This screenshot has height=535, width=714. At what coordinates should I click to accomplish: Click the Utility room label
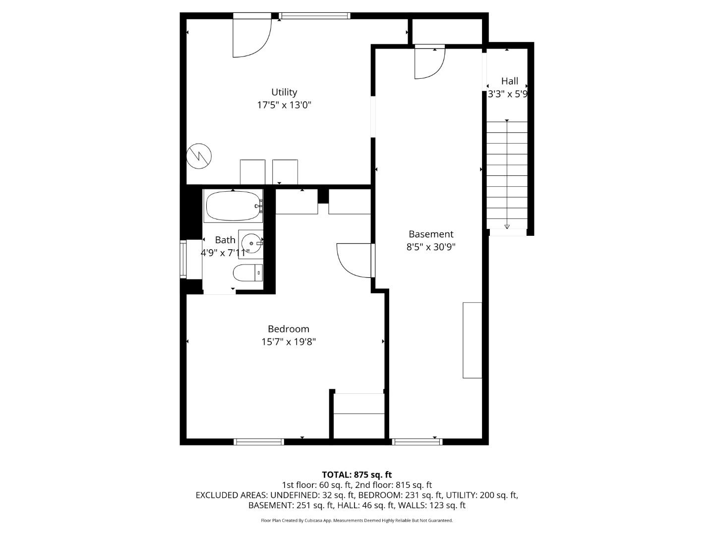point(284,92)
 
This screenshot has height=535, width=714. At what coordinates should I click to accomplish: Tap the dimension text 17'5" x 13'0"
point(284,105)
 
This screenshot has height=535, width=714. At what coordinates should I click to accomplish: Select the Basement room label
point(430,234)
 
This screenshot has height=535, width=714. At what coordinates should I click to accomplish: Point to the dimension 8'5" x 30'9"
point(430,247)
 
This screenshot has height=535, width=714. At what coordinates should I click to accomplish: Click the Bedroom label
point(288,329)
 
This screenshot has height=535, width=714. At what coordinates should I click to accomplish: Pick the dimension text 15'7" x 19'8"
point(288,342)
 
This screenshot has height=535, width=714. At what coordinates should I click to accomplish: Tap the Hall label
point(509,81)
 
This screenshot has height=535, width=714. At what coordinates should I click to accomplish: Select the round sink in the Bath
point(251,243)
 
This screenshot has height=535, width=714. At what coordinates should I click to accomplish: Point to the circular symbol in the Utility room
point(199,156)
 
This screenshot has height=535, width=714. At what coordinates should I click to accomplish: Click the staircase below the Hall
point(507,173)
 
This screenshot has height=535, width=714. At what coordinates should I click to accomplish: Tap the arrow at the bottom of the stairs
point(507,226)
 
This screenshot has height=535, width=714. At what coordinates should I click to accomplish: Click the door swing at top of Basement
point(429,63)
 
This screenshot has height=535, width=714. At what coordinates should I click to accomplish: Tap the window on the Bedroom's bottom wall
point(258,441)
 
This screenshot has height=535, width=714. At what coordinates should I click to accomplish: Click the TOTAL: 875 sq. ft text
point(357,475)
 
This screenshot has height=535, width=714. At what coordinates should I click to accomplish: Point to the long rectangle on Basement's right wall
point(472,340)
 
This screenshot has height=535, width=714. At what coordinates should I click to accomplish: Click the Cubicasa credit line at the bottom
point(357,521)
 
